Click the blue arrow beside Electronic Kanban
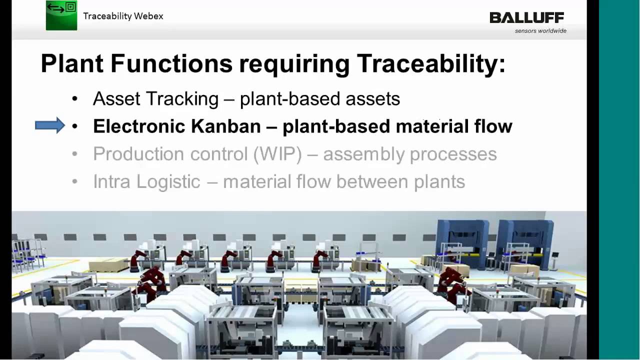click(x=50, y=125)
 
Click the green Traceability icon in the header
click(x=61, y=15)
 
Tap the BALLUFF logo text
click(x=526, y=18)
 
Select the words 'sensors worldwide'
click(x=540, y=31)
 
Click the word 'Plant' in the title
click(x=71, y=64)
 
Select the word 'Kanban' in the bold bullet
click(x=226, y=126)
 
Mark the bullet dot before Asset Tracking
click(x=75, y=99)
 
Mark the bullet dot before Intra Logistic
click(x=75, y=181)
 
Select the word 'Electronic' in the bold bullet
click(x=139, y=126)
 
